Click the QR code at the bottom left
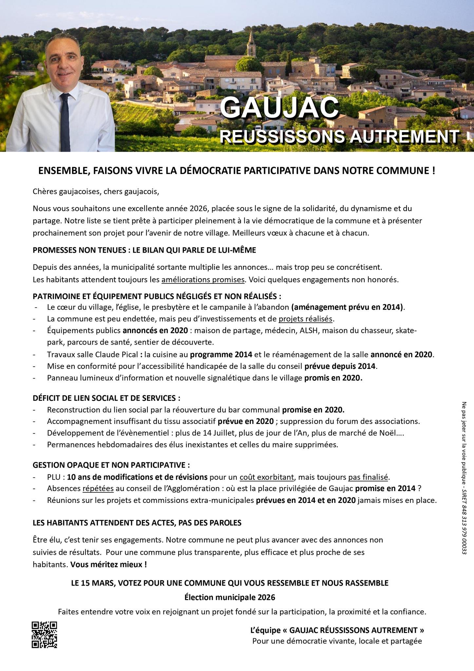pyautogui.click(x=44, y=634)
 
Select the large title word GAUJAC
pyautogui.click(x=279, y=107)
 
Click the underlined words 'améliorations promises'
pyautogui.click(x=203, y=280)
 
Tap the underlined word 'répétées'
pyautogui.click(x=98, y=489)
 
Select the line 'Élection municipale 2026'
pyautogui.click(x=230, y=597)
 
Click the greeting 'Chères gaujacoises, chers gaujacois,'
pyautogui.click(x=96, y=192)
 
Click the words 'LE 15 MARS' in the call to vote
pyautogui.click(x=91, y=583)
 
